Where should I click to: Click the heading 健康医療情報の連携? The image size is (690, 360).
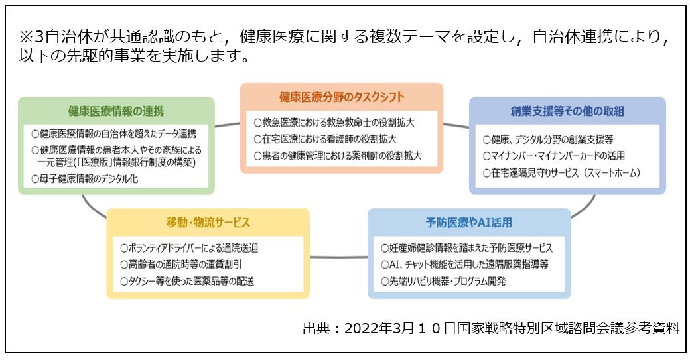[x=116, y=111]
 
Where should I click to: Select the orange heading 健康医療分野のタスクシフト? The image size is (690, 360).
[x=342, y=97]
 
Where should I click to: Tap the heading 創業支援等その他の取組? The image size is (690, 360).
[x=567, y=111]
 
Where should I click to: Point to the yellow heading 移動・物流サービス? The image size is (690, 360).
[x=208, y=222]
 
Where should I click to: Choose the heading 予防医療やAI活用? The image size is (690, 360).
[x=469, y=222]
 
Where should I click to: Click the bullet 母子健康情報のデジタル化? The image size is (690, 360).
[x=84, y=179]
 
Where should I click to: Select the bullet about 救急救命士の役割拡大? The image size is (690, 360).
[x=334, y=123]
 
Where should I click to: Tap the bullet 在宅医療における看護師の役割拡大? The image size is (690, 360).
[x=325, y=139]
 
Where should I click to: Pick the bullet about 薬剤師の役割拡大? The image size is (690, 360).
[x=338, y=156]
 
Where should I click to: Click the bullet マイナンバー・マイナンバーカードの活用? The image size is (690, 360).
[x=553, y=156]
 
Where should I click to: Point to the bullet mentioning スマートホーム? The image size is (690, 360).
[x=561, y=173]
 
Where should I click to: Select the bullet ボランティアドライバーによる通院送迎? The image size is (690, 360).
[x=189, y=248]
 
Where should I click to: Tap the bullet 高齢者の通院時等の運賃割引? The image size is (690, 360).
[x=181, y=265]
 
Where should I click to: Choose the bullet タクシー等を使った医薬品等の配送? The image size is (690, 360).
[x=187, y=281]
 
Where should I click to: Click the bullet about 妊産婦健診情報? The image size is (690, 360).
[x=467, y=248]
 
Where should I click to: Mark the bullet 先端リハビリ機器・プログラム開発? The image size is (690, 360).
[x=443, y=281]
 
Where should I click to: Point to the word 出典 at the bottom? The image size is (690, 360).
[x=316, y=328]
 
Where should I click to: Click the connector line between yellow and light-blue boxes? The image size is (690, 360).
[x=338, y=257]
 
